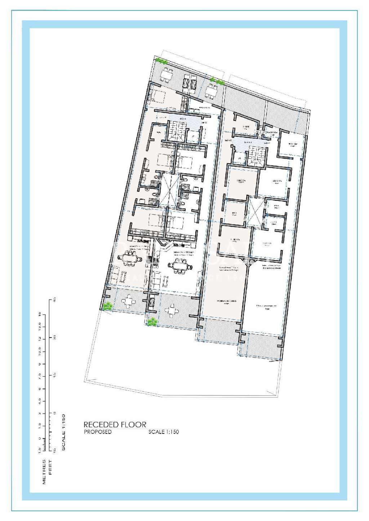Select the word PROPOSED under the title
[98, 432]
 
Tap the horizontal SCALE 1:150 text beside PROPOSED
[164, 432]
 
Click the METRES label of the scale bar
[45, 471]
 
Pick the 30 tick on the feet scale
[54, 337]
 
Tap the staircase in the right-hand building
[257, 151]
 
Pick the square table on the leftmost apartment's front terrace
[128, 301]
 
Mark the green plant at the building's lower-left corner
[107, 306]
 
